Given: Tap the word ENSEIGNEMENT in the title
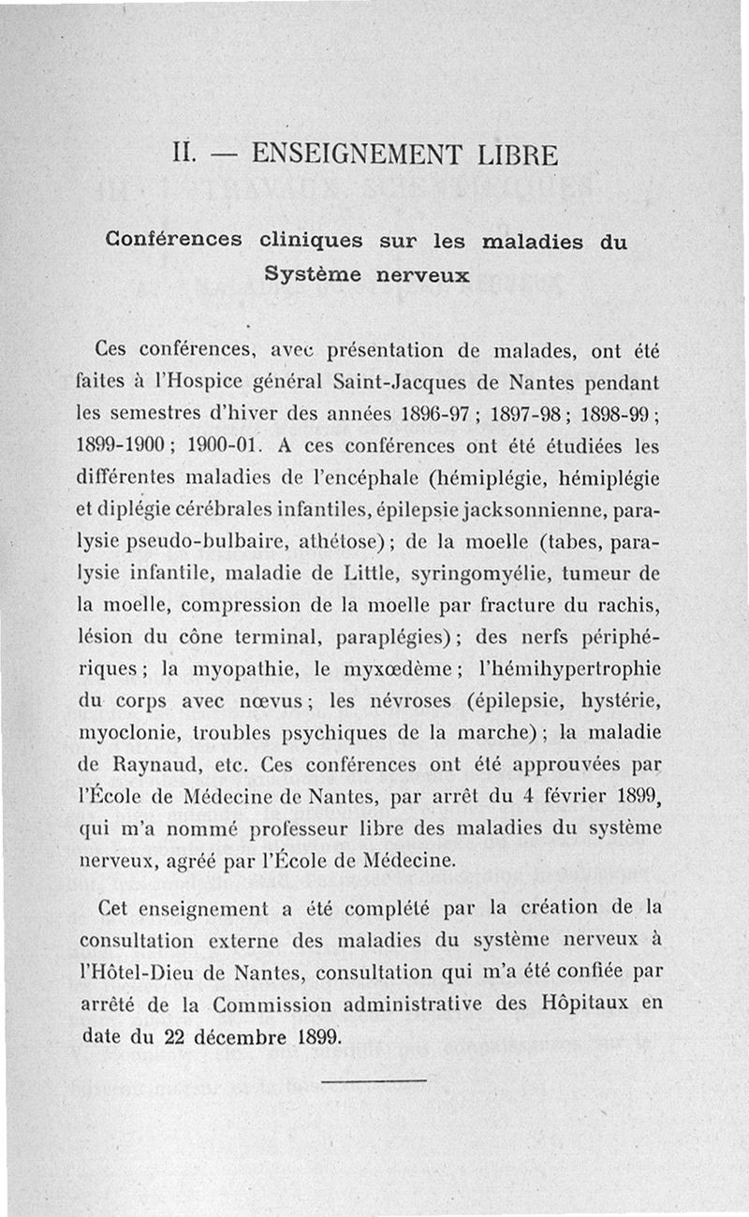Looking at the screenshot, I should tap(350, 154).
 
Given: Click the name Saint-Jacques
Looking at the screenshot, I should tap(407, 383).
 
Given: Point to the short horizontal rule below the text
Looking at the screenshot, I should tap(374, 1081).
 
